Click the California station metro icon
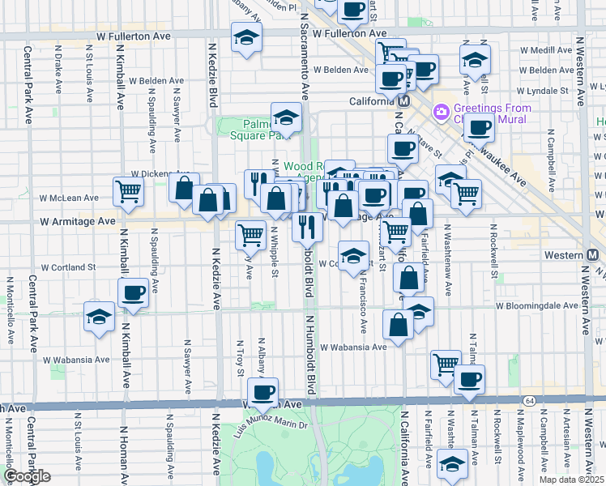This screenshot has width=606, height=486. coord(403,101)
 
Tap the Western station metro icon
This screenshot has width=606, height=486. coord(593,254)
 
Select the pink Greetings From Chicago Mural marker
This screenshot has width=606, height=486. coord(442,111)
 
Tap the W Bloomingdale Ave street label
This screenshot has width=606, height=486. coord(537,306)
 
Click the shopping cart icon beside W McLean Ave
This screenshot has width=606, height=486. coord(128,192)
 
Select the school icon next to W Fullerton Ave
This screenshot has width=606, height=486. coord(246,38)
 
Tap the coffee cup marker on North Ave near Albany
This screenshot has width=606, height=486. coord(262,393)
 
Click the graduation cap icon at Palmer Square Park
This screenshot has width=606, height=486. coord(286,118)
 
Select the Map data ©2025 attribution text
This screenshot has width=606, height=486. coord(570,480)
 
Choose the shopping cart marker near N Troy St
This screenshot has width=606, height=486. coord(250,235)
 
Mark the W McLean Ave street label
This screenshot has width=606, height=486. coord(70,197)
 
